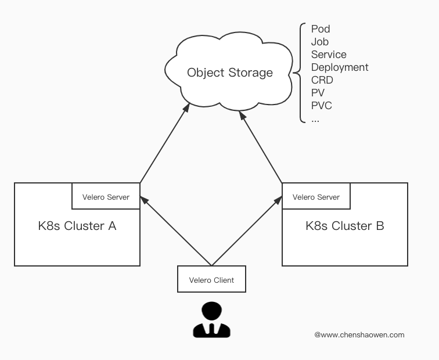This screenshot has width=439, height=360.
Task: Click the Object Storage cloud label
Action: click(x=230, y=73)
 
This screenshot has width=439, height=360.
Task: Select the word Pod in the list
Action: click(x=321, y=29)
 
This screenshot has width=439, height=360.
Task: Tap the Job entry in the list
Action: click(x=320, y=42)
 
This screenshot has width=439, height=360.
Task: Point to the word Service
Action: click(x=329, y=55)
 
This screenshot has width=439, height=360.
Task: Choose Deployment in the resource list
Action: click(x=340, y=67)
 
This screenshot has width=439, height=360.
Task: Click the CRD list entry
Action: click(x=322, y=80)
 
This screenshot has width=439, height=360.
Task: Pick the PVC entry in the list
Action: click(x=322, y=106)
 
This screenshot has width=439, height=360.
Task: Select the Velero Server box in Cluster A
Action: click(x=106, y=196)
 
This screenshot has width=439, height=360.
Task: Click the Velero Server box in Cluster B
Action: click(x=316, y=196)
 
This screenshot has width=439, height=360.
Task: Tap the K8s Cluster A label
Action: click(x=77, y=226)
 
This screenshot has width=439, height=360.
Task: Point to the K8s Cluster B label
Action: click(x=345, y=226)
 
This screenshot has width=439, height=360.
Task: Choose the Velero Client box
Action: click(x=211, y=279)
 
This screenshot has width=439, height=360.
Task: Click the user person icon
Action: click(x=211, y=319)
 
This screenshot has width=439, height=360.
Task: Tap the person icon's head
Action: click(x=211, y=310)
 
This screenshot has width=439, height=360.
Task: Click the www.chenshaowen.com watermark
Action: click(x=359, y=335)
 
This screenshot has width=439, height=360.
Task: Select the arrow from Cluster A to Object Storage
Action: click(x=165, y=143)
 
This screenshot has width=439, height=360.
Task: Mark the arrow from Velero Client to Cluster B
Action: click(x=247, y=231)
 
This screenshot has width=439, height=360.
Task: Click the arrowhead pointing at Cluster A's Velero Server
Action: click(x=144, y=200)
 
